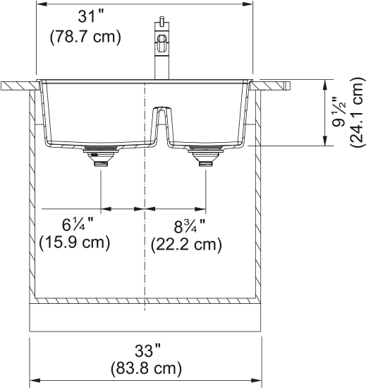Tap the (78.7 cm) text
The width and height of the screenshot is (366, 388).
[85, 37]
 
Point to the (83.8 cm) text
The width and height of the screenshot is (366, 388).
[146, 369]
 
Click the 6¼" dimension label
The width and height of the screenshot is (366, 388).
[78, 225]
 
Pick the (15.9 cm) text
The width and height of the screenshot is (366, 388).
[75, 242]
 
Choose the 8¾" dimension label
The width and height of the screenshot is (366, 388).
[190, 227]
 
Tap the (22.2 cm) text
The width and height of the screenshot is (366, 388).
[186, 245]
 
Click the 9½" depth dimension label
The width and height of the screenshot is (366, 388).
[338, 112]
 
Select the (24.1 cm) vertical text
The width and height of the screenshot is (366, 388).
[357, 112]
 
